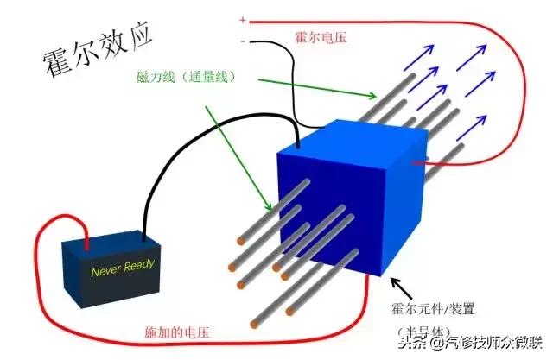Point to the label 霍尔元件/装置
click(440, 306)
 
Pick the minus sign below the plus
click(243, 40)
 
